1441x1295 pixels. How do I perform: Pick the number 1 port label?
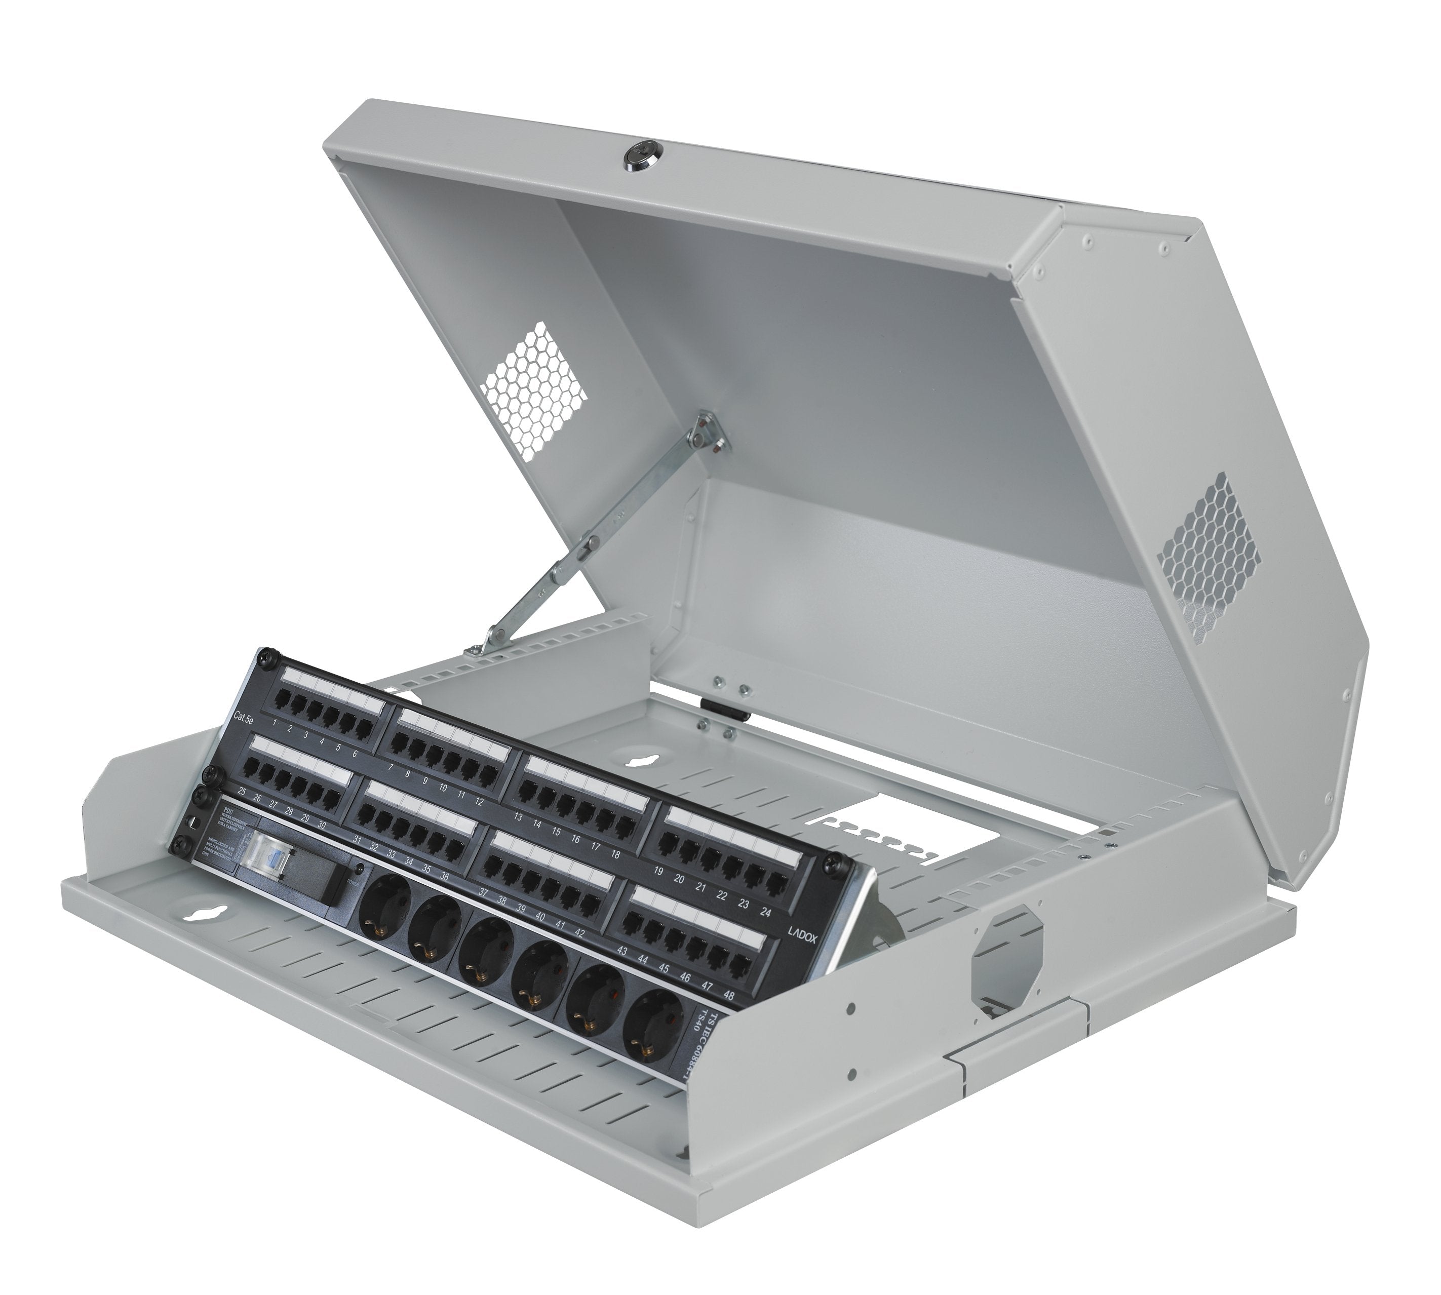click(x=274, y=723)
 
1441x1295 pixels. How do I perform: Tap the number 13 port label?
click(x=518, y=817)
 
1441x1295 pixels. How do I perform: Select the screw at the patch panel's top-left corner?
click(x=267, y=659)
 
